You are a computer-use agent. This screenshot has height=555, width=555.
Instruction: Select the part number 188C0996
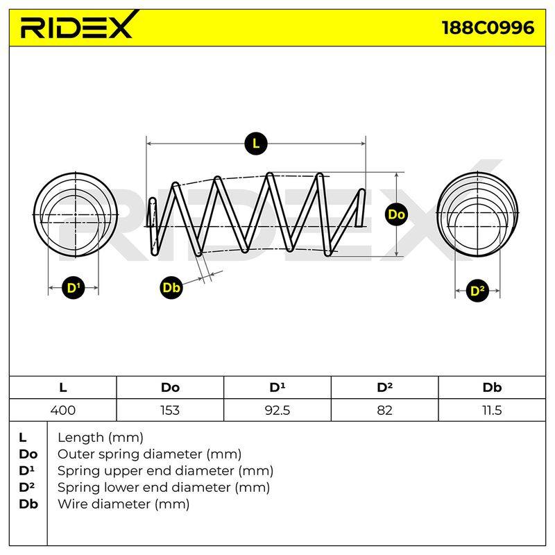click(488, 28)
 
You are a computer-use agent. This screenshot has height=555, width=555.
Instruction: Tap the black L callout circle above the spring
click(255, 144)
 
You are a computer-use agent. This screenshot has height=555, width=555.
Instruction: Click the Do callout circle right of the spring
click(396, 214)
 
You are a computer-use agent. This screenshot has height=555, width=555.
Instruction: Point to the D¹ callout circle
click(74, 288)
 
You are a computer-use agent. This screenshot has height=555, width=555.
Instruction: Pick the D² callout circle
click(477, 291)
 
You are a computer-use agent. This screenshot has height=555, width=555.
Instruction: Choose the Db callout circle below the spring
click(171, 287)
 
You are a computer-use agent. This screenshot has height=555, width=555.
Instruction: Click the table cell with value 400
click(63, 410)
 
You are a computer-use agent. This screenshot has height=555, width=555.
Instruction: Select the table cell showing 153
click(170, 410)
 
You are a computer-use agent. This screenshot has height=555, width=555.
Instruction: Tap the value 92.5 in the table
click(277, 410)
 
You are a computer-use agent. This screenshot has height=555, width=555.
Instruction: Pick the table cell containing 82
click(384, 410)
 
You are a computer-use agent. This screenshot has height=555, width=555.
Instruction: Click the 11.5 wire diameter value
click(492, 410)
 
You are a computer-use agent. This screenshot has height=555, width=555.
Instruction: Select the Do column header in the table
click(170, 388)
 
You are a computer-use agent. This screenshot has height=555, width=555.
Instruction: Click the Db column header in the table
click(492, 388)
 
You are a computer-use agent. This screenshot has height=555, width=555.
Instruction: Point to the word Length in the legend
click(80, 438)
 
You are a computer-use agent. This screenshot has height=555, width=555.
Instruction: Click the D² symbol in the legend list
click(26, 487)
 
